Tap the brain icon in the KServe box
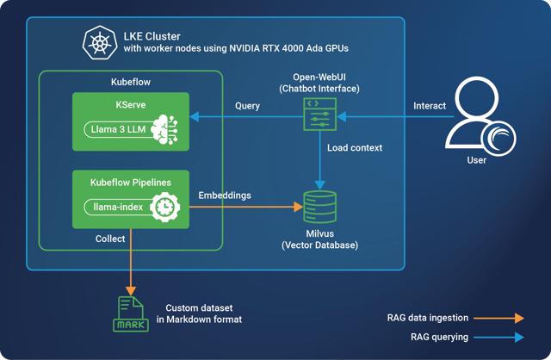164,130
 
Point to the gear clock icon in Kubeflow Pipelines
163,207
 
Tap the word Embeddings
225,196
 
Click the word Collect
109,239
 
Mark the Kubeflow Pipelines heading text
131,183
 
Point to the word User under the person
476,160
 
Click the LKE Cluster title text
150,34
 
